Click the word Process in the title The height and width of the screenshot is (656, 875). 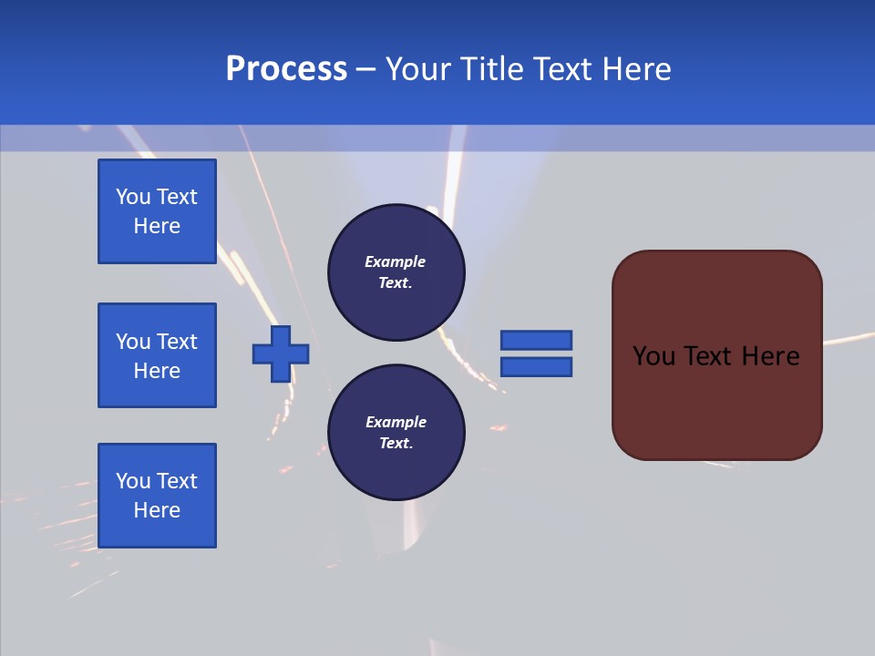(x=286, y=69)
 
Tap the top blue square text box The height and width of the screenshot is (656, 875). (x=157, y=211)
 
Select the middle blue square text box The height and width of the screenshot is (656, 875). (x=157, y=355)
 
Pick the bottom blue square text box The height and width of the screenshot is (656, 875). (x=157, y=496)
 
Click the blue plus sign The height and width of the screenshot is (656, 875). (x=281, y=354)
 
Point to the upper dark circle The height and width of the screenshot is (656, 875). (x=396, y=272)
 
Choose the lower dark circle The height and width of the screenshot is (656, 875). (x=396, y=433)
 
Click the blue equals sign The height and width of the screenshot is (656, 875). (x=536, y=354)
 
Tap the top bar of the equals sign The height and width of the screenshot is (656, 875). (x=536, y=340)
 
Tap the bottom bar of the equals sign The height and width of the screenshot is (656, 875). (x=536, y=367)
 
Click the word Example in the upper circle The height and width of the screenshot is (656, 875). (x=396, y=261)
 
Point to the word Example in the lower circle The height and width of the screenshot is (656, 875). (x=396, y=422)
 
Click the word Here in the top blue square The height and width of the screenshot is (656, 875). (x=157, y=226)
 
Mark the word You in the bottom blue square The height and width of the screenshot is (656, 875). (x=133, y=481)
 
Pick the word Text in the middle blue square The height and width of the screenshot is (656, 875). (x=176, y=342)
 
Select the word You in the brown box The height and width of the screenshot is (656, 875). (x=654, y=356)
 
